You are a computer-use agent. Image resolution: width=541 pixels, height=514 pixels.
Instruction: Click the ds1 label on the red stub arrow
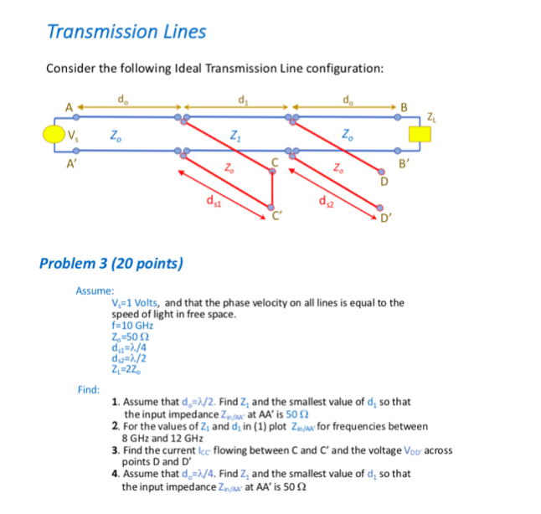214,201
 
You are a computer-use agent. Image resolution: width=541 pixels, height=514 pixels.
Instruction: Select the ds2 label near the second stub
325,201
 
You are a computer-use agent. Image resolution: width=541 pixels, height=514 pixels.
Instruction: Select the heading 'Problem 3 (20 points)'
111,263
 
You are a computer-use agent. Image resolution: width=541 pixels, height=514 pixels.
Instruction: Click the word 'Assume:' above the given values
89,290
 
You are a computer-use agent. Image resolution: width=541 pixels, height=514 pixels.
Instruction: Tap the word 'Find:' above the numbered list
88,389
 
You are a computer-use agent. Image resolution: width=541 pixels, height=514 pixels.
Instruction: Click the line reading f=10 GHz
132,326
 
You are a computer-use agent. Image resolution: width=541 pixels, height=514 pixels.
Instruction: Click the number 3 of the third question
115,450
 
